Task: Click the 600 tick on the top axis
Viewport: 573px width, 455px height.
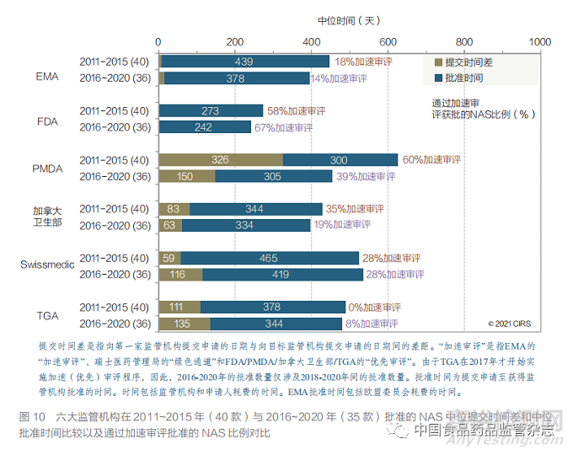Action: pyautogui.click(x=388, y=41)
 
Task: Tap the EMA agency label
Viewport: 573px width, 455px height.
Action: pyautogui.click(x=47, y=70)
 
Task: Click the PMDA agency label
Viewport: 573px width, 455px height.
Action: pyautogui.click(x=47, y=169)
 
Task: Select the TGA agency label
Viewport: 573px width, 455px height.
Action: pyautogui.click(x=47, y=314)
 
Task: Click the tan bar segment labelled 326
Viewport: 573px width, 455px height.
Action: pyautogui.click(x=221, y=159)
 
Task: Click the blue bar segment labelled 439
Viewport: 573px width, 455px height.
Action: pyautogui.click(x=244, y=62)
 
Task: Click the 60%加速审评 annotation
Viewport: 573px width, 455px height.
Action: pyautogui.click(x=431, y=159)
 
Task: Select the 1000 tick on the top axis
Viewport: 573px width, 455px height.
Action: pyautogui.click(x=539, y=41)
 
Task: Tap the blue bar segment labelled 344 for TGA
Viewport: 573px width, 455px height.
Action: pyautogui.click(x=271, y=324)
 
